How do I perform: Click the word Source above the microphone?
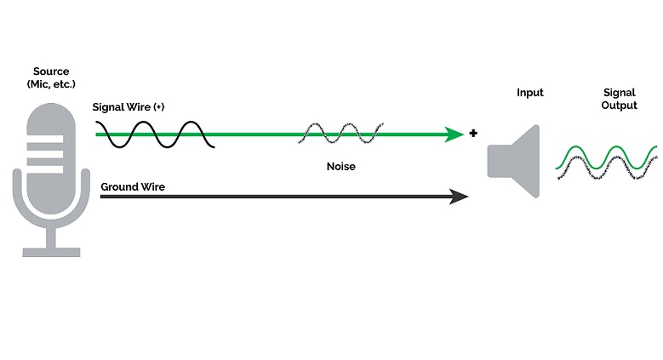[50, 71]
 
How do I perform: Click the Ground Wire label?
[132, 186]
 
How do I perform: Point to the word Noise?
[341, 166]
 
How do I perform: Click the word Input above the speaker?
[529, 93]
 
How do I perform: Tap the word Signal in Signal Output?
[619, 93]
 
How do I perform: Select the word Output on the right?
[619, 106]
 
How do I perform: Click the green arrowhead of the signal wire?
[455, 134]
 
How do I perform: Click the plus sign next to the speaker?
[473, 134]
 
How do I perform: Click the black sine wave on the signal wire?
[153, 134]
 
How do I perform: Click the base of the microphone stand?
[51, 252]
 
